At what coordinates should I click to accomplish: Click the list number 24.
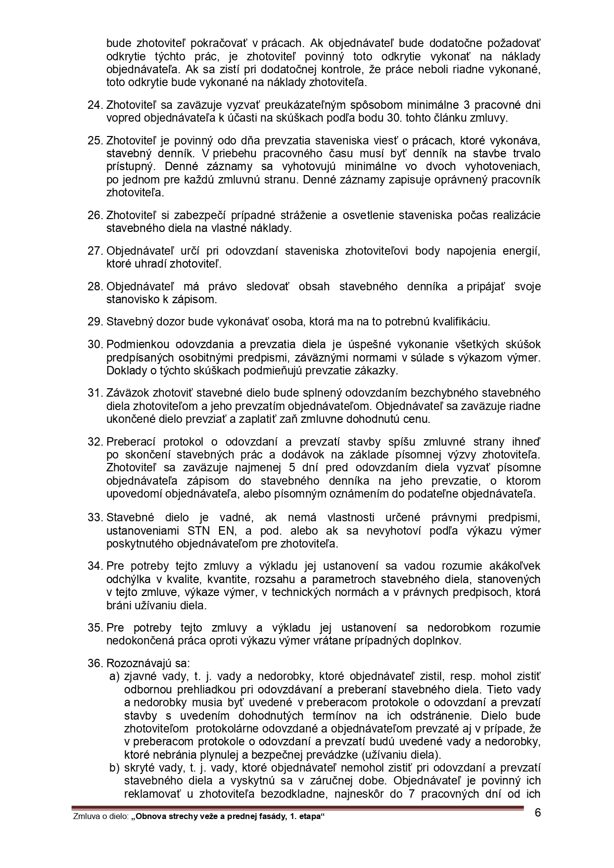pos(94,105)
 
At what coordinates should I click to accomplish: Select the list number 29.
pos(94,322)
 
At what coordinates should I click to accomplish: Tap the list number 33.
pos(94,518)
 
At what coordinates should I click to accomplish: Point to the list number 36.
pos(94,663)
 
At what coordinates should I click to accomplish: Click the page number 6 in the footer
pos(538,813)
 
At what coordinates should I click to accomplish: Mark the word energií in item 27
pos(523,251)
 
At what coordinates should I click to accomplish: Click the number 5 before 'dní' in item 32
pos(299,468)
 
